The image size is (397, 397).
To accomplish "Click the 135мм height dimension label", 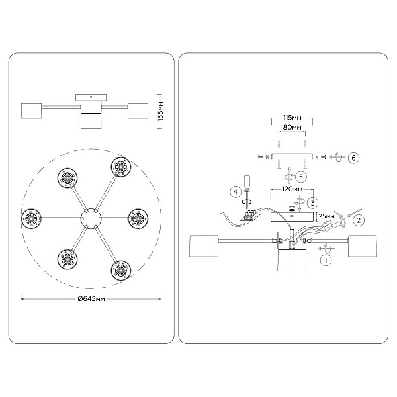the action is click(161, 111).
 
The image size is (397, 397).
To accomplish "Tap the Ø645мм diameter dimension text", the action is click(91, 299).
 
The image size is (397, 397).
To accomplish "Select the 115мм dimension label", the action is click(292, 118).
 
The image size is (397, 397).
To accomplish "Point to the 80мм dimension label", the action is click(292, 127).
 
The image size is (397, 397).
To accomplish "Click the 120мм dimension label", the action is click(292, 189).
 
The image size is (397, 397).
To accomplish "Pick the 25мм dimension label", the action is click(326, 216).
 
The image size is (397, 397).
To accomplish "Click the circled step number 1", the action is click(326, 260).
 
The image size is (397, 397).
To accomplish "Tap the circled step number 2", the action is click(359, 220).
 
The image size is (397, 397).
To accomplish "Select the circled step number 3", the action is click(313, 203).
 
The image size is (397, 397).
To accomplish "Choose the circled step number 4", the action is click(236, 192).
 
